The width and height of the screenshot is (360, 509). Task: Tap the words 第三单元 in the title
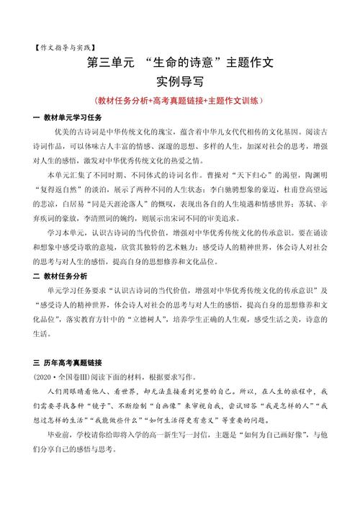[114, 63]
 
